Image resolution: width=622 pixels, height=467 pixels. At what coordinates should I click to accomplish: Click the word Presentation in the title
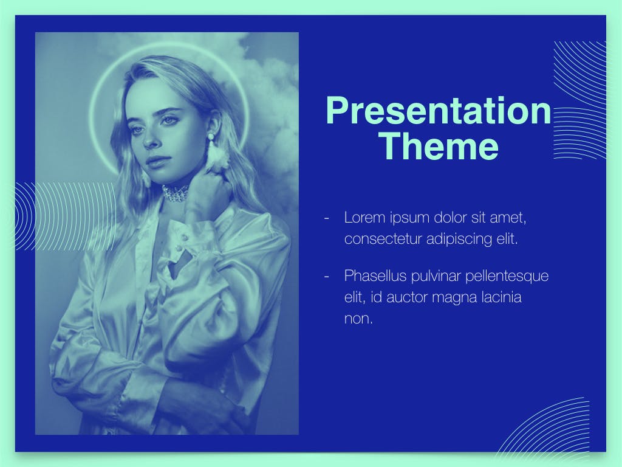coord(439,111)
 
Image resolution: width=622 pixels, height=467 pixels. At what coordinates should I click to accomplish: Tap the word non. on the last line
coord(358,319)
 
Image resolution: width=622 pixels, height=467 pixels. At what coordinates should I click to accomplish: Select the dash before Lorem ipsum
coord(327,218)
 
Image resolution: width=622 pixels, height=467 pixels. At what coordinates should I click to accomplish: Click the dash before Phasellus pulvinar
coord(327,276)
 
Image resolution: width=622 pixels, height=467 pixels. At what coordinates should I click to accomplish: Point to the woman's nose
coord(149,139)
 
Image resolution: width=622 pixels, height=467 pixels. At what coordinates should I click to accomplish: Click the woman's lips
coord(156,161)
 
